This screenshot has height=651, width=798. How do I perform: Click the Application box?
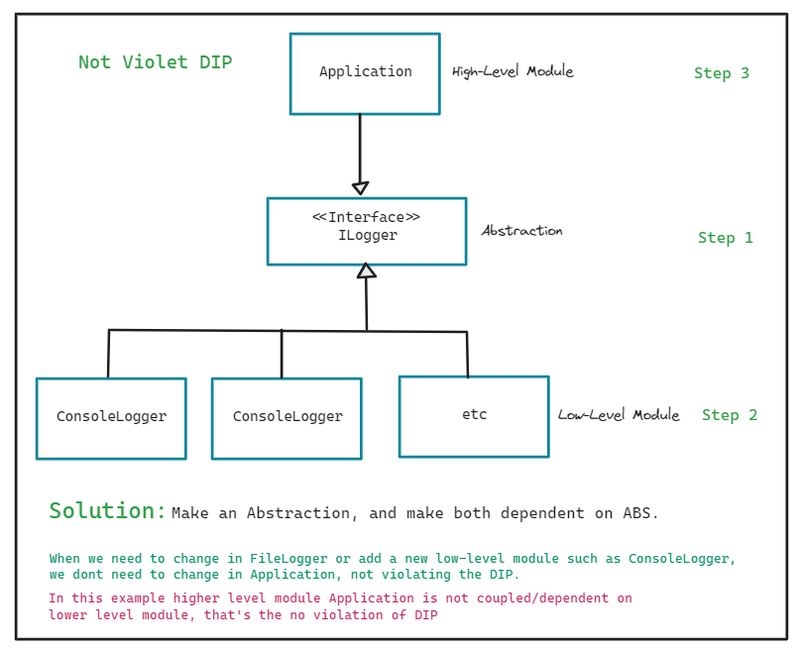point(365,73)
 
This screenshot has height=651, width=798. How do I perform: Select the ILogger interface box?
point(367,231)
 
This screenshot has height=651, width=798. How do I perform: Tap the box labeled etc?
point(474,416)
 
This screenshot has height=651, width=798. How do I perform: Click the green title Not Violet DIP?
point(155,62)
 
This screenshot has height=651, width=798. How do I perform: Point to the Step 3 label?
point(721,73)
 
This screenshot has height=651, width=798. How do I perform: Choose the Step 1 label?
point(725,238)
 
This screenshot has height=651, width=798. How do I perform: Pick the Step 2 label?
point(729,415)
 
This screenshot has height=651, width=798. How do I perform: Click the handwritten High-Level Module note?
point(513,71)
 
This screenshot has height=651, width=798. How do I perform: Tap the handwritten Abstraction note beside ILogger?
point(521,231)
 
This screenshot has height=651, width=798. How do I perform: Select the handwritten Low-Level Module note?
point(618,415)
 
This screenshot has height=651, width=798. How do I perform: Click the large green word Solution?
point(108,511)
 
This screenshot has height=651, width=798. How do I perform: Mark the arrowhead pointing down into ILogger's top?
point(360,188)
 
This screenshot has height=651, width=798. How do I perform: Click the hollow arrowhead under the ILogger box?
point(367,270)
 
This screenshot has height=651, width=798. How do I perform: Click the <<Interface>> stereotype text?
point(366,217)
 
